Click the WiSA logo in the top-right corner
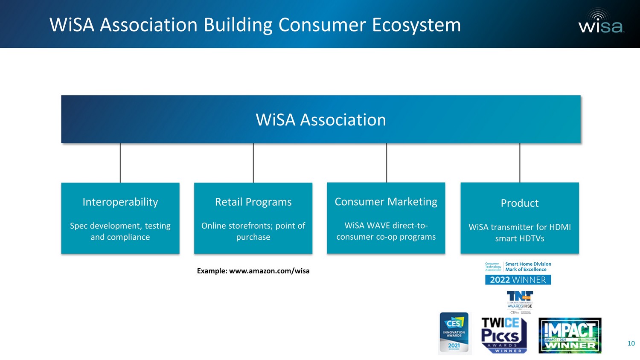601,22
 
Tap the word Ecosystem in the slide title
416,25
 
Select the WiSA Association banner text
321,120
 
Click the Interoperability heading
120,202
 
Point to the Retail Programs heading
253,202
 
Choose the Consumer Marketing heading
386,201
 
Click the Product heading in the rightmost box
520,203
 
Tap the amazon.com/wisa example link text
269,271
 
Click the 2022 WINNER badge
518,280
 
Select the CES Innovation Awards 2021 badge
454,333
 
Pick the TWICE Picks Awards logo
504,335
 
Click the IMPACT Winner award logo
570,335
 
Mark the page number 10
631,343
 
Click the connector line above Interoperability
120,163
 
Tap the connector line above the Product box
520,163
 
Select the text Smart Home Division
528,264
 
